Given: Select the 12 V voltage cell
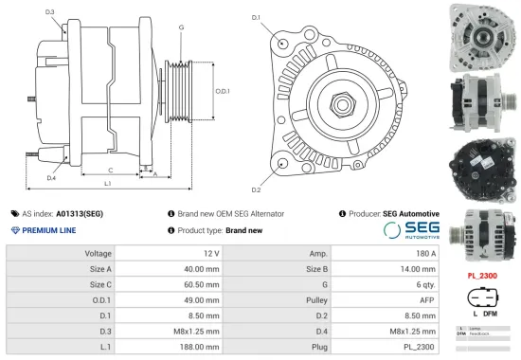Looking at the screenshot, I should pos(210,254).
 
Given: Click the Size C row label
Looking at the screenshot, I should pos(99,283).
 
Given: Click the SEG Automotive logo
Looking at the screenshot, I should pos(410,230).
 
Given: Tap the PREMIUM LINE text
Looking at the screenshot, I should pos(48,230).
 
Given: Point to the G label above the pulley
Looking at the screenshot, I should pos(181,27).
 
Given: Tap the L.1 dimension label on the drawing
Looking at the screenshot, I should pos(107,182).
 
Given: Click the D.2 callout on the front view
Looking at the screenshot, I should pos(257,176).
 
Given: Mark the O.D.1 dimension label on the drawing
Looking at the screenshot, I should pos(223,91).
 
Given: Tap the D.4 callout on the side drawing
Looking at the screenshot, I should pos(50,177).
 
